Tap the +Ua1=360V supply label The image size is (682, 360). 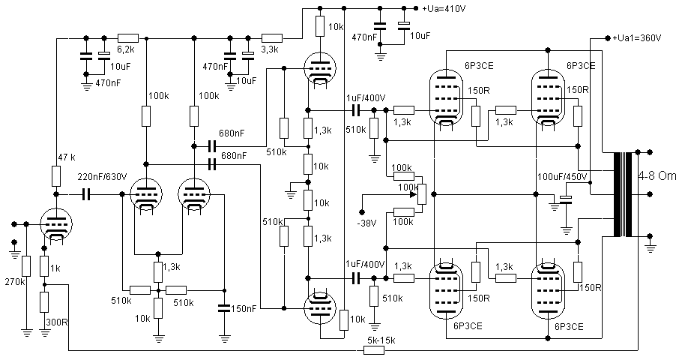click(636, 37)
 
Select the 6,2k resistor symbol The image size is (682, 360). click(127, 37)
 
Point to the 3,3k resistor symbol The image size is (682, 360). click(271, 37)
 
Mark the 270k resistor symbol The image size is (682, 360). click(26, 266)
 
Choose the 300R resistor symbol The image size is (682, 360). click(44, 302)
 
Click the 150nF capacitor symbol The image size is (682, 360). click(224, 307)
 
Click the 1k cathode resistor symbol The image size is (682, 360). click(44, 266)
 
